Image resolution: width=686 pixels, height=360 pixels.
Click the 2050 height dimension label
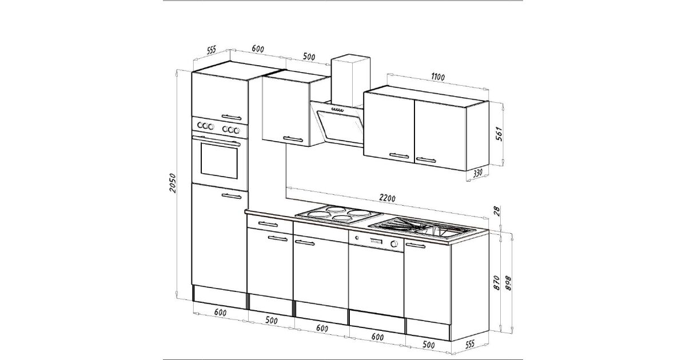pos(173,183)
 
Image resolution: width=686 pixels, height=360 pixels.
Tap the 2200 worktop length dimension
pos(387,198)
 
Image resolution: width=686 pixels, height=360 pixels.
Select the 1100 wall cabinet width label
pos(438,77)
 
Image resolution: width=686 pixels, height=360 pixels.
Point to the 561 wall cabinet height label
pos(498,134)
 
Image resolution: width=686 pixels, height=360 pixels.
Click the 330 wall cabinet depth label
pos(478,173)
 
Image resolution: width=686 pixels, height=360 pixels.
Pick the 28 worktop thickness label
pos(497,211)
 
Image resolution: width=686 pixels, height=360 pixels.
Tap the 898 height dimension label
pos(508,283)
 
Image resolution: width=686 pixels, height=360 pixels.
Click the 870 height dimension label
pos(496,283)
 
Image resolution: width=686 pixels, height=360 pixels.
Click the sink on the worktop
pos(422,228)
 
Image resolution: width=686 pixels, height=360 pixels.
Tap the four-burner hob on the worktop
pos(339,214)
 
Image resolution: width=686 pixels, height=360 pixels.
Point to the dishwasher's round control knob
pos(394,244)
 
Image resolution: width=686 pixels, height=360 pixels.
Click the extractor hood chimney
pos(350,80)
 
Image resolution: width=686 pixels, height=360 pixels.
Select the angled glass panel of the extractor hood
pos(340,126)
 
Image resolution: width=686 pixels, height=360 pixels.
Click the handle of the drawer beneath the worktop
pos(268,224)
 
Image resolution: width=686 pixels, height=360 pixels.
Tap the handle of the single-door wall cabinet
pos(293,139)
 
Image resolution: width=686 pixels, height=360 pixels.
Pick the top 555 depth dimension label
pos(212,50)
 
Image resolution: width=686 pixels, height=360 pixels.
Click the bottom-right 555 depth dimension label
pos(469,345)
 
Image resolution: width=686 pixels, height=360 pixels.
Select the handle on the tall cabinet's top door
pos(231,117)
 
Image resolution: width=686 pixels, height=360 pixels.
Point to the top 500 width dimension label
pos(309,57)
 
